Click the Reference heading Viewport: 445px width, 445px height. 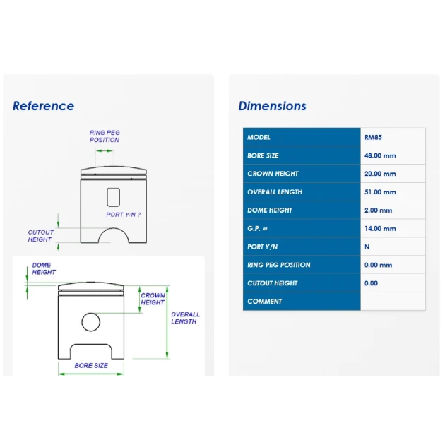pos(43,106)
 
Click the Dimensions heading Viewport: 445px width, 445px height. pos(272,106)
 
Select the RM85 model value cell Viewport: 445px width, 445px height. pos(393,137)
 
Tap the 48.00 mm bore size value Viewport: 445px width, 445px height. pos(380,155)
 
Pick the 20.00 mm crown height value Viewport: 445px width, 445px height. pos(380,174)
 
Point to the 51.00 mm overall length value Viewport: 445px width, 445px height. pos(380,192)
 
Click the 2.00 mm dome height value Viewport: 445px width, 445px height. pos(378,210)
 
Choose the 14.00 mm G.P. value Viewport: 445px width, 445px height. pos(380,228)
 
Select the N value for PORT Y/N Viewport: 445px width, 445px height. pos(367,247)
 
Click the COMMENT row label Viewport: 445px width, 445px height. pos(264,302)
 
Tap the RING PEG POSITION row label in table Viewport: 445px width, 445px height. pos(279,265)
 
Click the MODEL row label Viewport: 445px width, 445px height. pos(259,137)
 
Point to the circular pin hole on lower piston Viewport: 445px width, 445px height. pos(91,313)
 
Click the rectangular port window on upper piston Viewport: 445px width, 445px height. pos(113,188)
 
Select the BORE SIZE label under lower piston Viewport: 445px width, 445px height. pos(91,366)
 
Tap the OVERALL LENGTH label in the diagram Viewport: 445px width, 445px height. pos(185,318)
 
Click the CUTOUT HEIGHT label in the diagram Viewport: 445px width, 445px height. pos(40,235)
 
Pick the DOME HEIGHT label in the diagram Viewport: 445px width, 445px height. pos(44,268)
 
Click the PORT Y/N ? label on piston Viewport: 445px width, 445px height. pos(123,215)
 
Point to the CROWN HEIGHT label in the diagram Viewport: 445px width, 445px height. pos(153,299)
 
